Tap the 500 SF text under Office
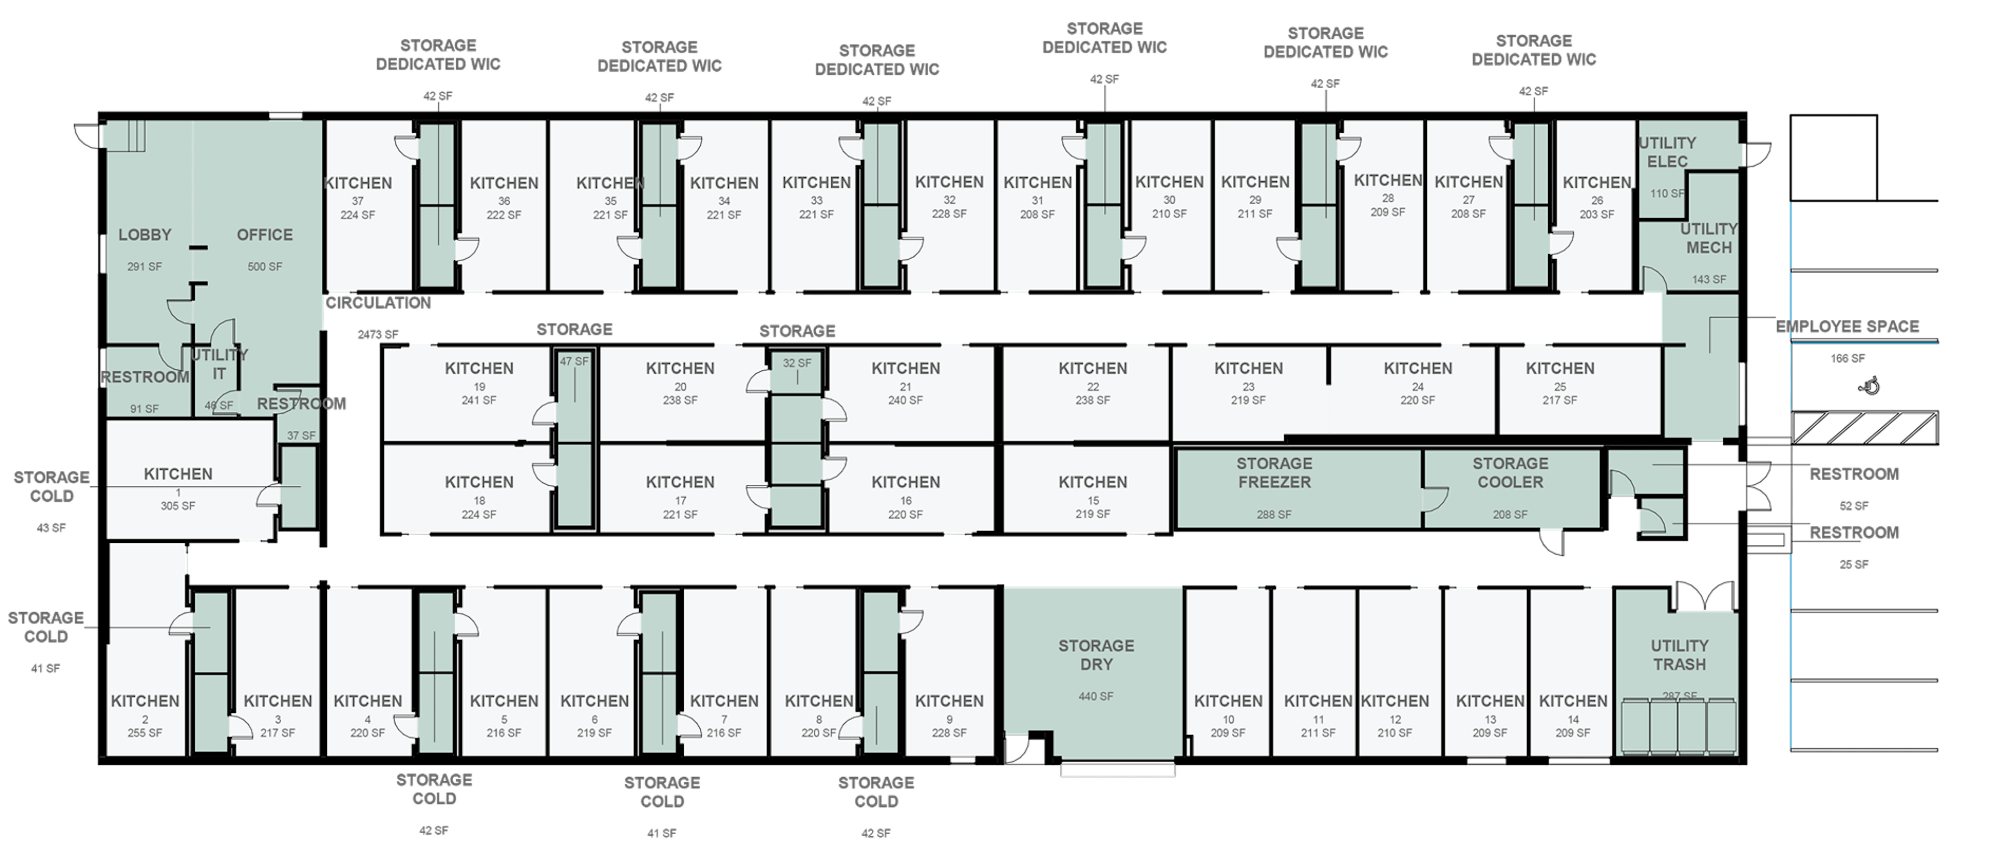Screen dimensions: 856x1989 pos(265,266)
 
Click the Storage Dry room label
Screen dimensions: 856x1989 pos(1096,654)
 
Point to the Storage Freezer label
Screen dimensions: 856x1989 pos(1274,473)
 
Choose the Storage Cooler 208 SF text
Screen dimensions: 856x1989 pos(1509,514)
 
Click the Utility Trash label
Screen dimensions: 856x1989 pos(1679,654)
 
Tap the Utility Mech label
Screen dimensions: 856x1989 pos(1709,238)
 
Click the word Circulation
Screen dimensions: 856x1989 pos(378,303)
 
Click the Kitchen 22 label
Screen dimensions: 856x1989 pos(1092,369)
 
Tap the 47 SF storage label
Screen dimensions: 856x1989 pos(574,361)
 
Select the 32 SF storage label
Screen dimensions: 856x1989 pos(797,363)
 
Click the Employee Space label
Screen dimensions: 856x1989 pos(1847,326)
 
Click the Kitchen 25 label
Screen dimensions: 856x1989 pos(1560,369)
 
